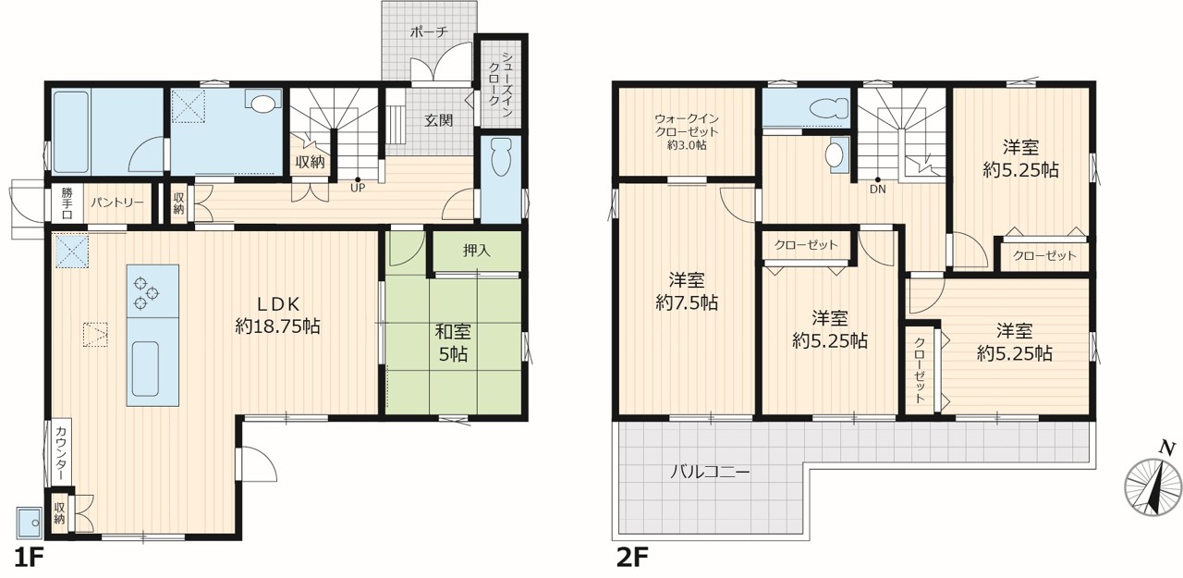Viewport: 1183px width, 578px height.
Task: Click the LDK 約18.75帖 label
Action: pos(277,314)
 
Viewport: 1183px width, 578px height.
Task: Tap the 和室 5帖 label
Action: pos(453,343)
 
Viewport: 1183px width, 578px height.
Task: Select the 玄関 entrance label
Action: pos(439,120)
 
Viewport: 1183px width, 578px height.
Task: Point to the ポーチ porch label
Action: pos(429,31)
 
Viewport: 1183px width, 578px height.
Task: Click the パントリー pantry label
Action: pos(116,203)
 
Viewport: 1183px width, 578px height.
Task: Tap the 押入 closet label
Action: pos(476,251)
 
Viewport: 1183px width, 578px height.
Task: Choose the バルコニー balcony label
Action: pos(710,472)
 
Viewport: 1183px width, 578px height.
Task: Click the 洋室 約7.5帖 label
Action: pos(686,291)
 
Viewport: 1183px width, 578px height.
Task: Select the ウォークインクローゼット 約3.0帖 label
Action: pos(687,131)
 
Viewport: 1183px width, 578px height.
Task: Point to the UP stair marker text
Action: pos(358,188)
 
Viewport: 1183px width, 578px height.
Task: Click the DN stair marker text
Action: pos(878,190)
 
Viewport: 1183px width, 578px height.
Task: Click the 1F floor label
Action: pos(28,558)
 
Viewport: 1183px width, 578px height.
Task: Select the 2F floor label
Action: pos(633,558)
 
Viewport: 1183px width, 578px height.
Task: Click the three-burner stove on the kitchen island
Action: pos(146,292)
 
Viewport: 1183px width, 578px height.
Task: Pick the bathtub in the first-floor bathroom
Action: pos(71,131)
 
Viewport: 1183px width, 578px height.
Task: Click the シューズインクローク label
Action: pos(500,80)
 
